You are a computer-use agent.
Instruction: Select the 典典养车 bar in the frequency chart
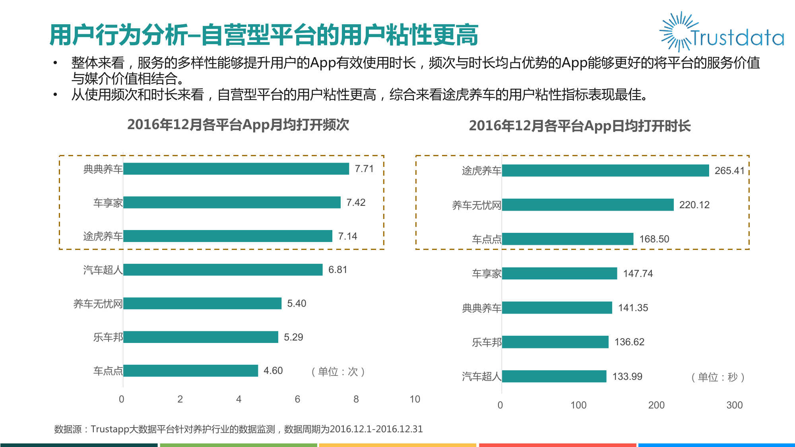tap(236, 169)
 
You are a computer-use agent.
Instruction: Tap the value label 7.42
tap(356, 203)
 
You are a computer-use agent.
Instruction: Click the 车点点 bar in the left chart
tap(190, 371)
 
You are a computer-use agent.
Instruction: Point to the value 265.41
tap(729, 171)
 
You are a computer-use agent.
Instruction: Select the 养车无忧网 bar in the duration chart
tap(588, 205)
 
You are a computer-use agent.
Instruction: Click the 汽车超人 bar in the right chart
tap(554, 376)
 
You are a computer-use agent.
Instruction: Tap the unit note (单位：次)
tap(338, 372)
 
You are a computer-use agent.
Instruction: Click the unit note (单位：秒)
tap(718, 377)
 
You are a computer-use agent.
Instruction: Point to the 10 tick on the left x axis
tap(415, 399)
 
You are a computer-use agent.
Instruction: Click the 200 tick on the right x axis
tap(656, 405)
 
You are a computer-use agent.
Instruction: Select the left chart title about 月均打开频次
tap(238, 125)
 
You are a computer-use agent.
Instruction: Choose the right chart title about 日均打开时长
tap(580, 126)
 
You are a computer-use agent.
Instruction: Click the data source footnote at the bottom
tap(238, 429)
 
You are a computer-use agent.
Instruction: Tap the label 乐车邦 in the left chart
tap(108, 337)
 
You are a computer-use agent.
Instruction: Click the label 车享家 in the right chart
tap(486, 274)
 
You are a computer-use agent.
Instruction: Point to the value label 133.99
tap(627, 377)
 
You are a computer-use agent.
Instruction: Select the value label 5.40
tap(297, 304)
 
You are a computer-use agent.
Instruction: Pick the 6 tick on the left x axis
tap(297, 399)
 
